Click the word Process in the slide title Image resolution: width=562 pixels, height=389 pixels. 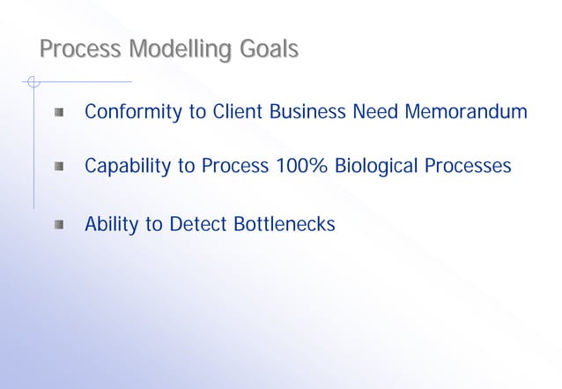point(79,49)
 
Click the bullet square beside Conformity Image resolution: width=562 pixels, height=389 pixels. point(58,113)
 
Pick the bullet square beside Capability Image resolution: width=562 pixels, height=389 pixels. point(58,166)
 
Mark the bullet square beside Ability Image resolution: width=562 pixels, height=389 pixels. point(58,225)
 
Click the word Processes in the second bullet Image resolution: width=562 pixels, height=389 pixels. point(468,166)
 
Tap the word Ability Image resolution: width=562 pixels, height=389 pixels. point(112,225)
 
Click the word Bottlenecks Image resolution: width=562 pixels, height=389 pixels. point(285,225)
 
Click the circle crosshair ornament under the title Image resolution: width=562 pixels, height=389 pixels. point(33,83)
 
